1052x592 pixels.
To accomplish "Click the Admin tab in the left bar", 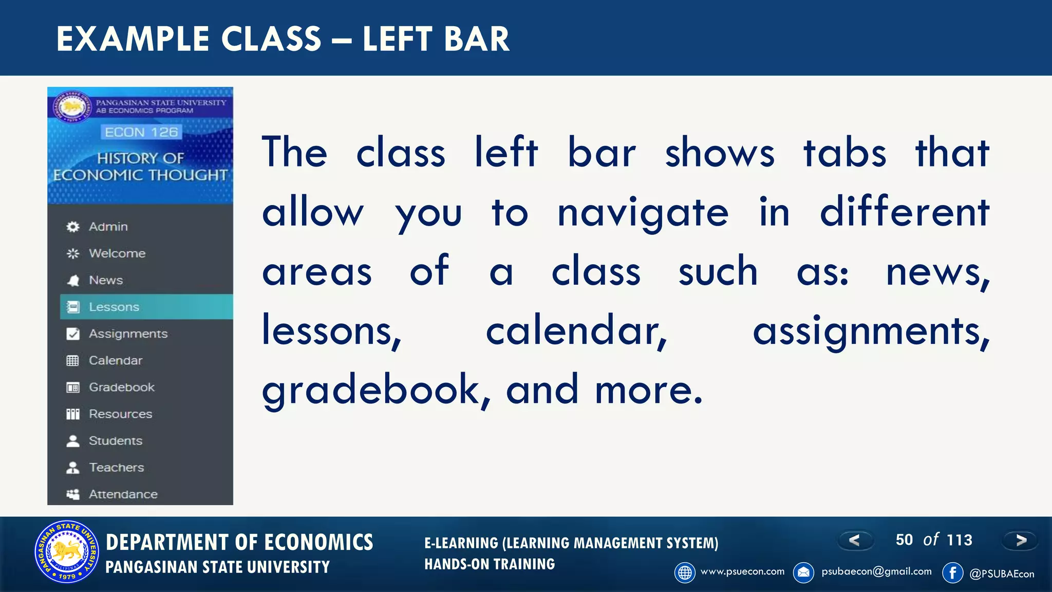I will [108, 227].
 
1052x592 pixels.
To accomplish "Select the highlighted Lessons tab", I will [114, 307].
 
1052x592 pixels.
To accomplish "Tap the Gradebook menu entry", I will [121, 387].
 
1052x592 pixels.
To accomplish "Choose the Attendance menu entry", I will [123, 494].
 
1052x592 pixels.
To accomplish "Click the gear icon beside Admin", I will [73, 227].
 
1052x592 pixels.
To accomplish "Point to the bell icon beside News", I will [73, 280].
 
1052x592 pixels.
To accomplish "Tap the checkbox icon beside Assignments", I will [73, 334].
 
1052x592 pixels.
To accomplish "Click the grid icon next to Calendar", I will [73, 361].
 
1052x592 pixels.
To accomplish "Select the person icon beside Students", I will [73, 441].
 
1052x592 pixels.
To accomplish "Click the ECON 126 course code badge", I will [141, 132].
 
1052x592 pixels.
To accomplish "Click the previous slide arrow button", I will [855, 540].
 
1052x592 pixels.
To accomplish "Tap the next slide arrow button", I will [1021, 540].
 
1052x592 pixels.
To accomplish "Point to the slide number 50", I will [904, 540].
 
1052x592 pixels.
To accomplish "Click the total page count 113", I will [959, 540].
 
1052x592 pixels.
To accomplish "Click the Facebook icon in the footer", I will [952, 572].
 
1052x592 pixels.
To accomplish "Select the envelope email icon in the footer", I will [803, 572].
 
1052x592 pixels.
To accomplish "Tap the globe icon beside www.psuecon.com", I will [685, 572].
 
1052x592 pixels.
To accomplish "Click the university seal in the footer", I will [67, 552].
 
